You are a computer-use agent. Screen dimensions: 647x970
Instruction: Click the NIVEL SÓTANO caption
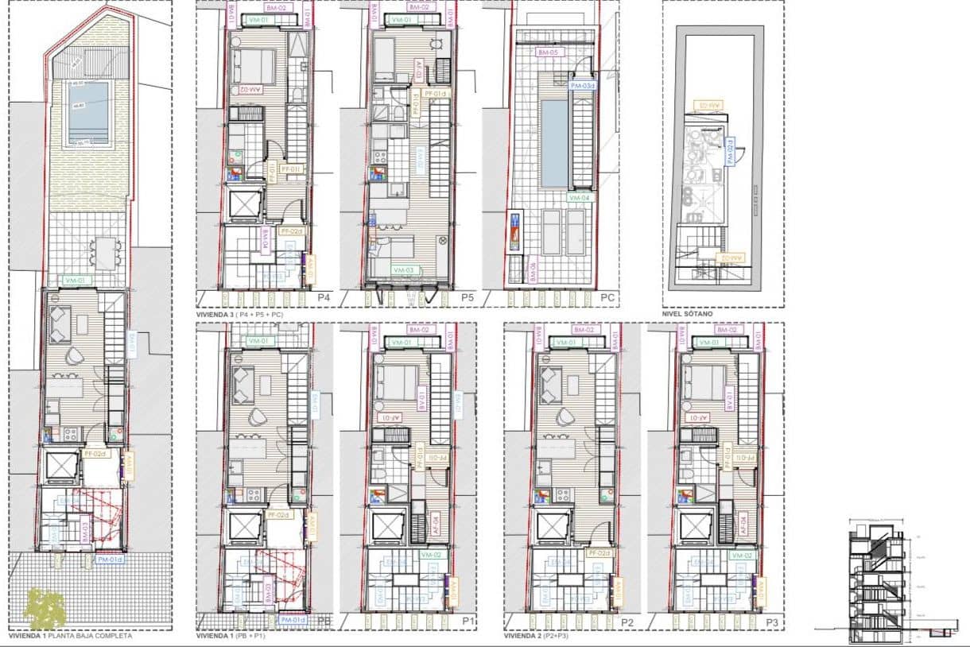pos(688,313)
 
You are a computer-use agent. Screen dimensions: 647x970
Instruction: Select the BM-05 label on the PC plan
pos(548,53)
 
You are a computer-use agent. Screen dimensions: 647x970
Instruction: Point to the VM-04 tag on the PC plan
pos(580,197)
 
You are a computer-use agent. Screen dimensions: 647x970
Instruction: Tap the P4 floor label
pos(323,297)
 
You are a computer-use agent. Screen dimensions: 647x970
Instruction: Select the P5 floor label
pos(468,297)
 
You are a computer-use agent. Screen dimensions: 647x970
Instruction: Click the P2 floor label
pos(627,622)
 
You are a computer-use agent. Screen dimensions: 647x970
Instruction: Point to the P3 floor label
pos(770,622)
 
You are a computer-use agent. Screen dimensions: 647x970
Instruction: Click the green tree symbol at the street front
pos(44,608)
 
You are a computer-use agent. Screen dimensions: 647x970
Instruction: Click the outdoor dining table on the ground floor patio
pos(104,254)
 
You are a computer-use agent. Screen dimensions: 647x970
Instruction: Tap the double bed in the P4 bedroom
pos(253,66)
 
